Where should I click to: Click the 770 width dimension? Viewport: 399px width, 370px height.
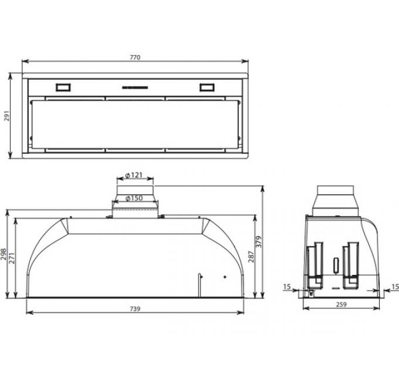(x=135, y=58)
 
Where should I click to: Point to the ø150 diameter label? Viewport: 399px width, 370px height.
(x=135, y=198)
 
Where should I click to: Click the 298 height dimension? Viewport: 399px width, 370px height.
(x=4, y=253)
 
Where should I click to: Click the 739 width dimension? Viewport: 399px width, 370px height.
(x=135, y=309)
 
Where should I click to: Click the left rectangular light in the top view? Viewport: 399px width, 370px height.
(x=62, y=88)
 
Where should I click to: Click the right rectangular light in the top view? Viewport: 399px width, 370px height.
(x=207, y=88)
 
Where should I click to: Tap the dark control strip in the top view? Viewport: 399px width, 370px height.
(x=135, y=88)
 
